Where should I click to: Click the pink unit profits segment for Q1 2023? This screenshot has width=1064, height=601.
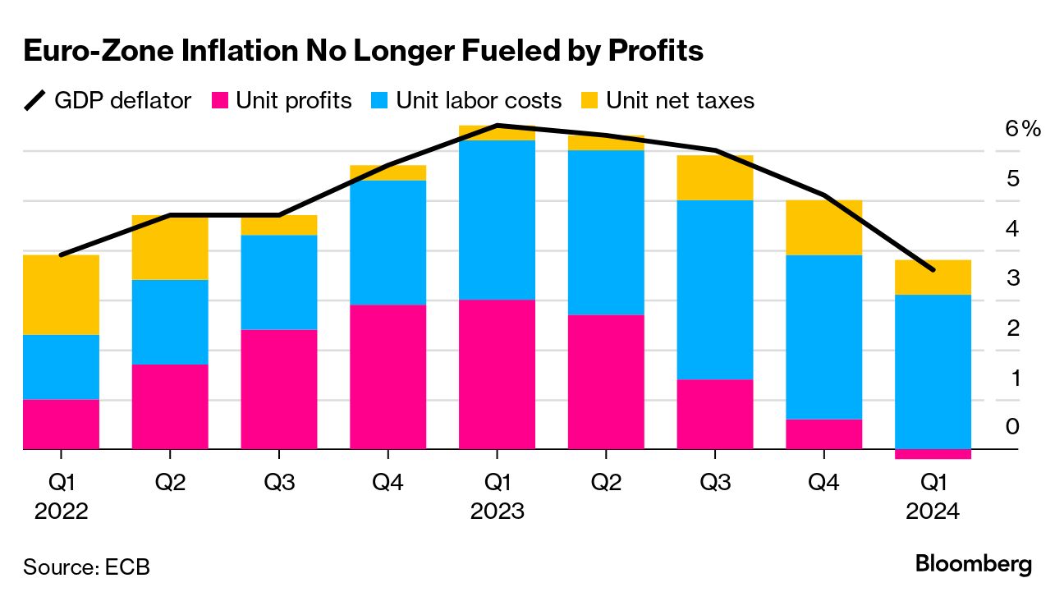point(497,374)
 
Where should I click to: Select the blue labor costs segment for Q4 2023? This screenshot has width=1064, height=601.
point(823,337)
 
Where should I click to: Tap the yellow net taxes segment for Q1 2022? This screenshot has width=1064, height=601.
point(61,295)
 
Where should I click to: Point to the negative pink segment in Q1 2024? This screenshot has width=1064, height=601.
point(933,454)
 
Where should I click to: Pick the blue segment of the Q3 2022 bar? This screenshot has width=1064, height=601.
point(279,282)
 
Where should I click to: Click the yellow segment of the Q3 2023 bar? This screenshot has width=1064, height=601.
point(714,177)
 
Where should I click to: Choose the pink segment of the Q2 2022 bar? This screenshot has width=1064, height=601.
point(170,406)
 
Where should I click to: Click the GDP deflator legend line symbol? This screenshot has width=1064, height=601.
point(35,101)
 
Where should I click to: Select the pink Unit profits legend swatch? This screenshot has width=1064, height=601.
point(219,101)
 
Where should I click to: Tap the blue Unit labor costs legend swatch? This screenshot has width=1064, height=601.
point(379,101)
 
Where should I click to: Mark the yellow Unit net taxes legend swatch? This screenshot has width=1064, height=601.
point(589,101)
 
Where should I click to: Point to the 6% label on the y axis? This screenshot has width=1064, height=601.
point(1021,129)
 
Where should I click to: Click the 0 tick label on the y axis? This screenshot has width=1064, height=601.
point(1012,427)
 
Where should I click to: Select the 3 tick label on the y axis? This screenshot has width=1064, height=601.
point(1012,278)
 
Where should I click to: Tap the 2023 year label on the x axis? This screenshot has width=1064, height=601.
point(497,512)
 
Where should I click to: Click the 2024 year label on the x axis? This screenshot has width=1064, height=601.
point(933,512)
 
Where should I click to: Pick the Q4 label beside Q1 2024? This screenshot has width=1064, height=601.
point(823,482)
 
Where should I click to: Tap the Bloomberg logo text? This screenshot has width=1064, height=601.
point(973,565)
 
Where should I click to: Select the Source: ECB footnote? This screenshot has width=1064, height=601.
point(86,567)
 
